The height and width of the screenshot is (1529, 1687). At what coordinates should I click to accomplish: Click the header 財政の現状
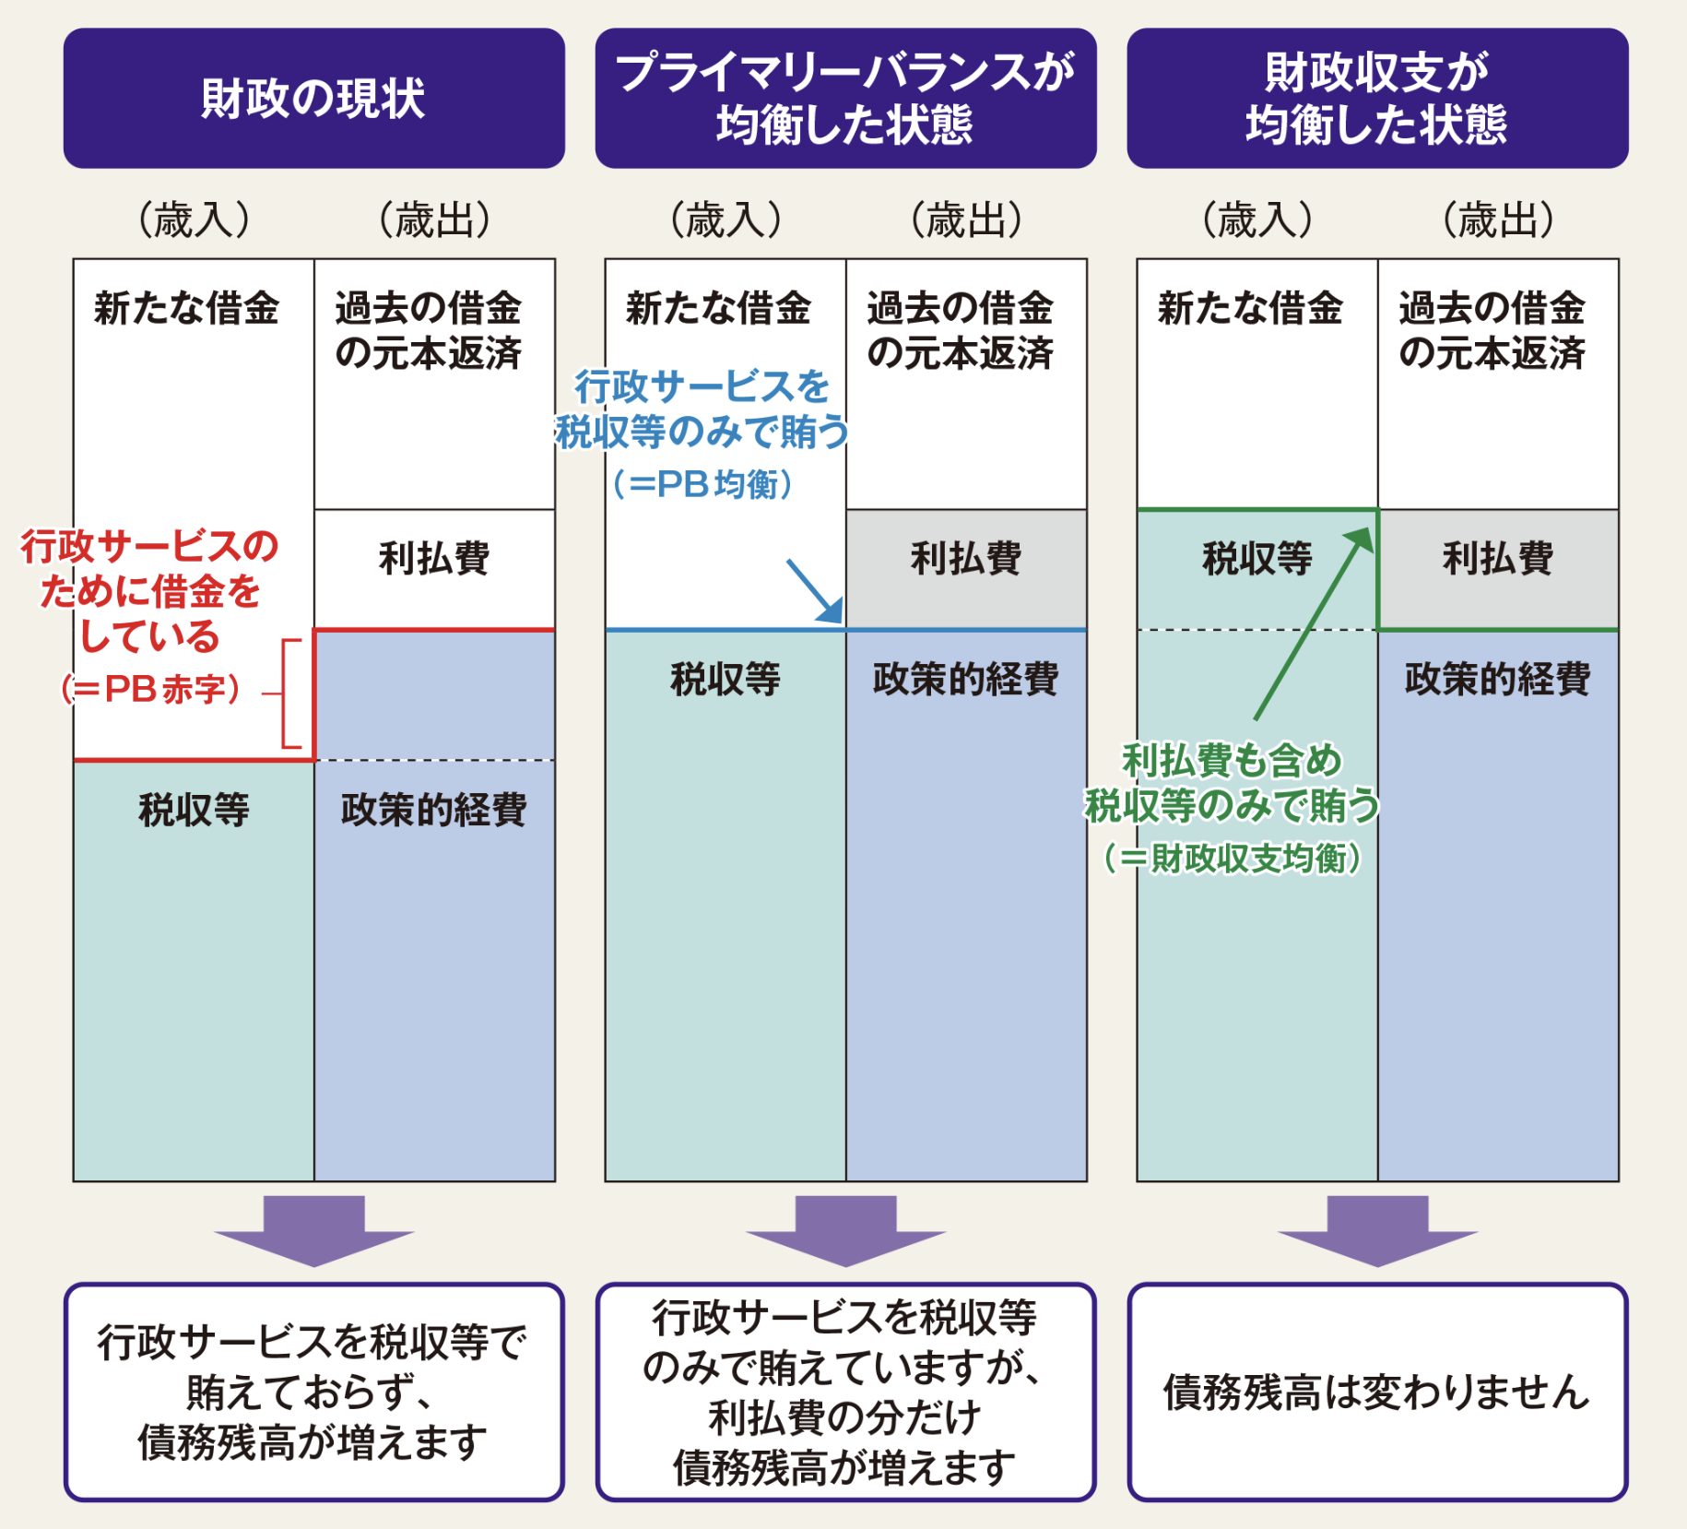tap(313, 98)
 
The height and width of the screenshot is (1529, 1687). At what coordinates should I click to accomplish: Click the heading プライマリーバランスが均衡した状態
tap(844, 98)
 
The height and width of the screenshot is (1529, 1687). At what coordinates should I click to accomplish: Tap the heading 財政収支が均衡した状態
tap(1376, 98)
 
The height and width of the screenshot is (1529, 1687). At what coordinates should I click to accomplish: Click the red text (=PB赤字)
tap(151, 689)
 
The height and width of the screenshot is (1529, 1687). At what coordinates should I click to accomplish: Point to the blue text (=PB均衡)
tap(702, 484)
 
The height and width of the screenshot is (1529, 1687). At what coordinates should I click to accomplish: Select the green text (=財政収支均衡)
tap(1232, 859)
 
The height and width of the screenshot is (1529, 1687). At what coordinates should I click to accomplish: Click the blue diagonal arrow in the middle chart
tap(815, 591)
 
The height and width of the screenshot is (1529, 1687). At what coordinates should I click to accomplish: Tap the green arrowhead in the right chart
tap(1359, 540)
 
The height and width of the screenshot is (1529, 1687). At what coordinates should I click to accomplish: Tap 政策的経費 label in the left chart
tap(433, 810)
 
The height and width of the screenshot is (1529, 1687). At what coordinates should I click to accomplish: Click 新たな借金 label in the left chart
tap(186, 308)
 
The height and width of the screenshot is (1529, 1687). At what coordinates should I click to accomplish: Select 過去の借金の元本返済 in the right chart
tap(1492, 330)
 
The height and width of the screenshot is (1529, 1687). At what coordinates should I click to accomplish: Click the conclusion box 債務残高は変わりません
tap(1376, 1392)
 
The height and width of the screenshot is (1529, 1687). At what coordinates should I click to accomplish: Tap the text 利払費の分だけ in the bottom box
tap(844, 1417)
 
